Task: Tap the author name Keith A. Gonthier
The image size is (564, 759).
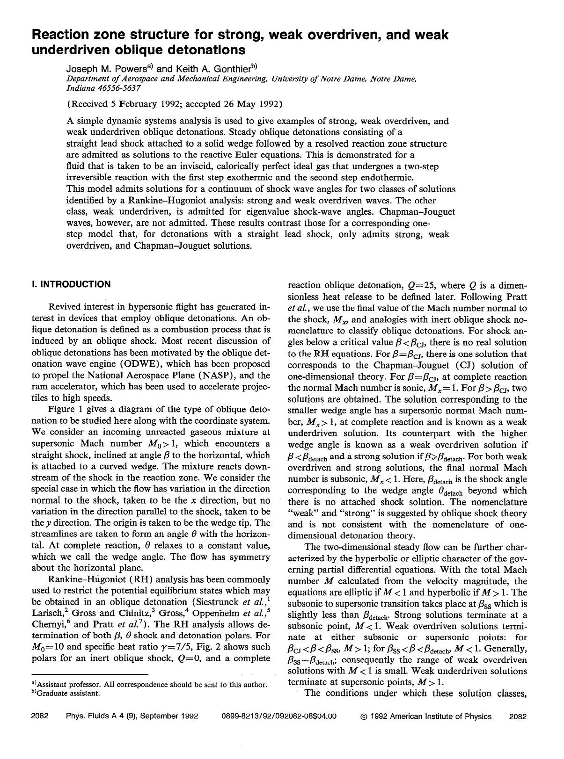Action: coord(213,69)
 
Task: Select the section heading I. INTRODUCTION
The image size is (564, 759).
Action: coord(71,284)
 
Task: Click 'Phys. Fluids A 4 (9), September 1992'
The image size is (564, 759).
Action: coord(132,716)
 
